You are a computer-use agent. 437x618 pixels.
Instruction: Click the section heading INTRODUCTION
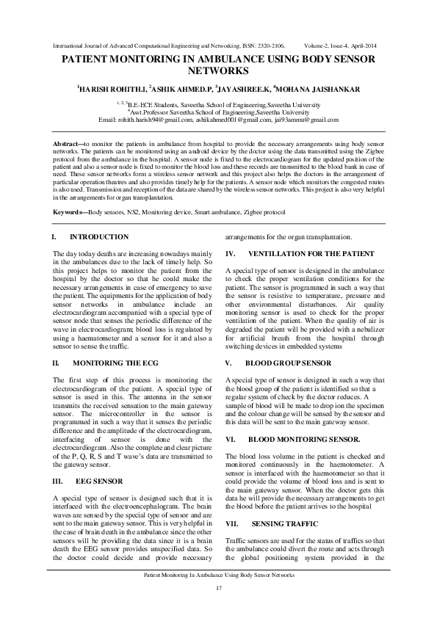[x=98, y=236]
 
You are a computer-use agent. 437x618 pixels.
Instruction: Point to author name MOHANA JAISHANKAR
[x=325, y=89]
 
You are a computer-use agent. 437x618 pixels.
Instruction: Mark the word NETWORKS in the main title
[x=218, y=72]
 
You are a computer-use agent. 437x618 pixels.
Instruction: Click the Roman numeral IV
[x=230, y=253]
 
